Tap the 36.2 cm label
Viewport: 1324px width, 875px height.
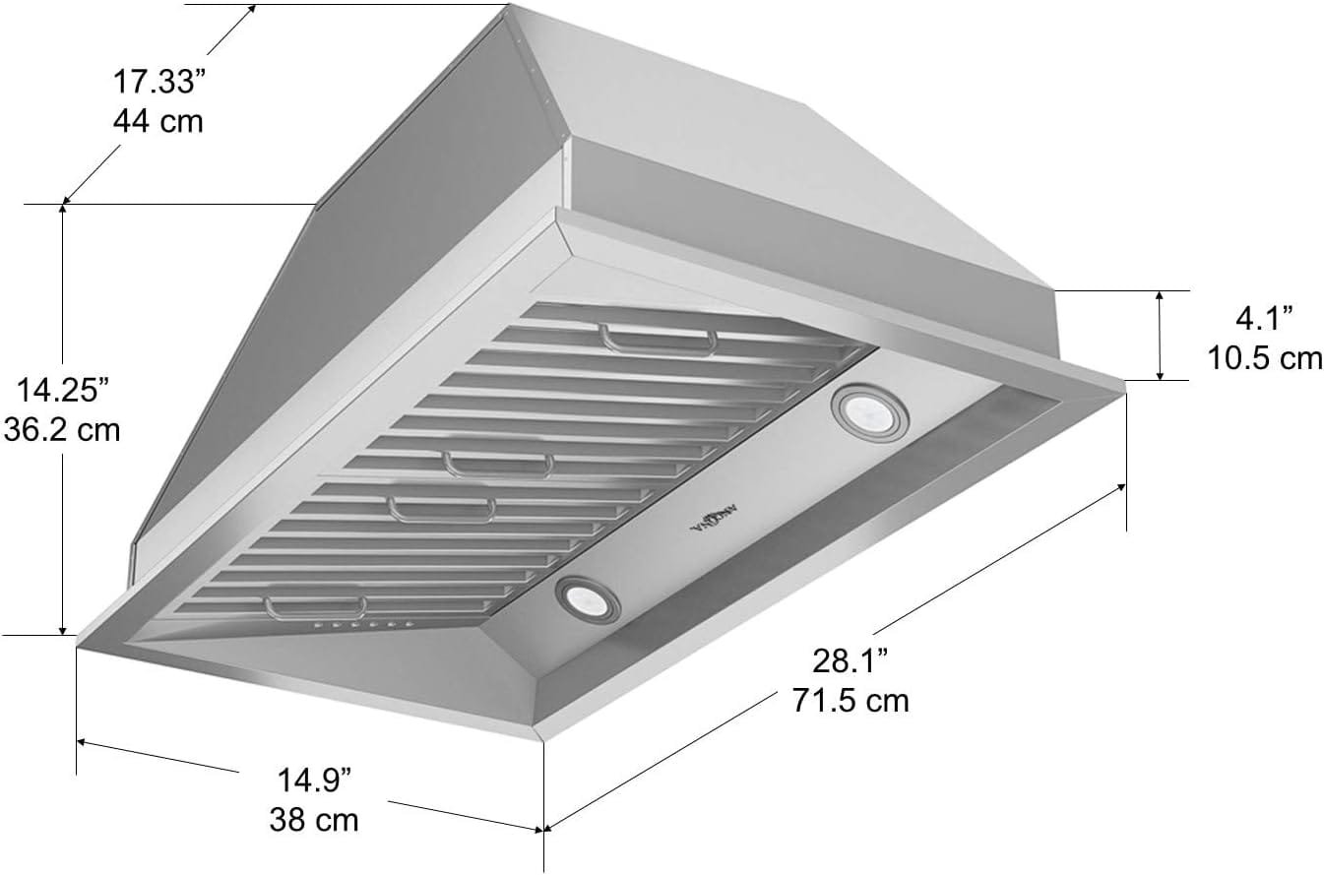(62, 429)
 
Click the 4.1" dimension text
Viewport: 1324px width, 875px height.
(1265, 318)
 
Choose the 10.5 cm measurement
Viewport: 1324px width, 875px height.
(1265, 357)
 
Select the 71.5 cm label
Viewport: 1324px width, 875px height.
(851, 700)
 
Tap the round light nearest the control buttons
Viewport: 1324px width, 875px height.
(587, 598)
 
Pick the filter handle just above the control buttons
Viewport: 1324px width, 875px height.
(315, 604)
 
